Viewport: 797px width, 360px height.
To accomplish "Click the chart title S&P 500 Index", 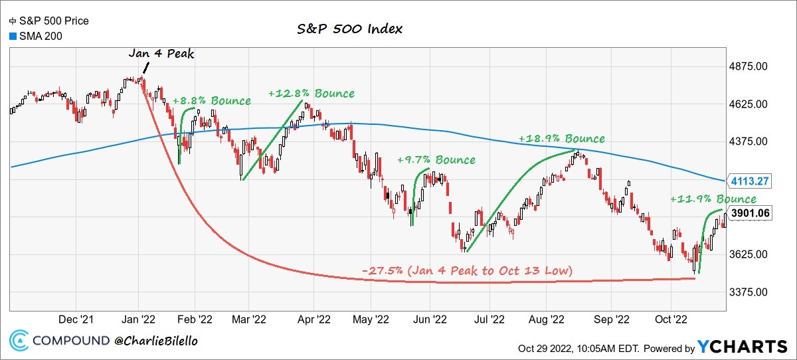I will tap(349, 30).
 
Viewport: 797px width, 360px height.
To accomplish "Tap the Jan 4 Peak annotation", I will tap(161, 54).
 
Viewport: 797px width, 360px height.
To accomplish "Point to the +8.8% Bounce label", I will tap(212, 101).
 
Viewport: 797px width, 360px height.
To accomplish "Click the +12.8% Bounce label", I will tap(311, 94).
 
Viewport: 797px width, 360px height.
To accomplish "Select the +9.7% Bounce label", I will tap(436, 160).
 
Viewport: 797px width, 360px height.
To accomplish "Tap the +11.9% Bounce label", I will tap(713, 199).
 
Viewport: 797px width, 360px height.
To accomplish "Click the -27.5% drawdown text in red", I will tap(468, 271).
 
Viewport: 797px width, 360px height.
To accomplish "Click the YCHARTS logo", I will tap(741, 347).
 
